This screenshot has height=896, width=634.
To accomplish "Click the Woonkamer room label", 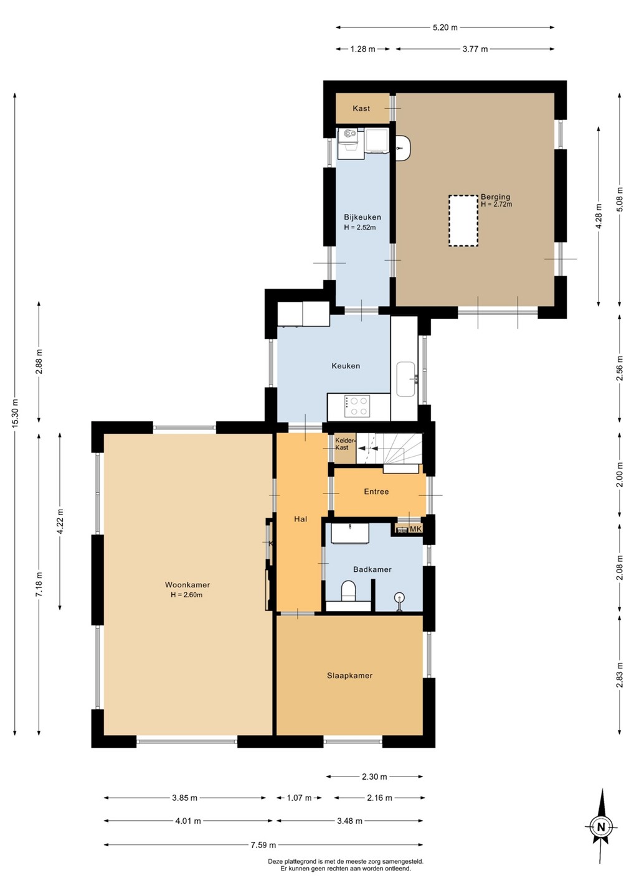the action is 187,585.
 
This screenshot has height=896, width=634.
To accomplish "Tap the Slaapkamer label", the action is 350,676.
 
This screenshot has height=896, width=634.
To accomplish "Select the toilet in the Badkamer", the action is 349,590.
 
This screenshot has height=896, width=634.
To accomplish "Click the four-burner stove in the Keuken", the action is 357,406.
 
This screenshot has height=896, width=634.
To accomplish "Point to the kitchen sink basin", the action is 406,379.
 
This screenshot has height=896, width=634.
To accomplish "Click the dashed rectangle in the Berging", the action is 463,220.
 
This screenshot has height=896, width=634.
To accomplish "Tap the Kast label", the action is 361,108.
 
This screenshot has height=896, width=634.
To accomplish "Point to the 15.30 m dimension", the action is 15,414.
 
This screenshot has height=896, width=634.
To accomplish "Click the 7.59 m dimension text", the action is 263,845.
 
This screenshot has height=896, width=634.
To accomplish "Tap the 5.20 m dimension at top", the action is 445,27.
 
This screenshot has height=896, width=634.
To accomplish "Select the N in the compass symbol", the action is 600,827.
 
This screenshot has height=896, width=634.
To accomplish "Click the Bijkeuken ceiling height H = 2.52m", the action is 360,228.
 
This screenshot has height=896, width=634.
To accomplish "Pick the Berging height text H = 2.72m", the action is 496,204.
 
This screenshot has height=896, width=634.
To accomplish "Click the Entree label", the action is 376,492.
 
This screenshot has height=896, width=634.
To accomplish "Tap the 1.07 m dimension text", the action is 299,798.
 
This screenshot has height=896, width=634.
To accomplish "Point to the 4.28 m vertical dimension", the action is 599,217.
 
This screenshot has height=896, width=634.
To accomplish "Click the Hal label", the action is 301,519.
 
